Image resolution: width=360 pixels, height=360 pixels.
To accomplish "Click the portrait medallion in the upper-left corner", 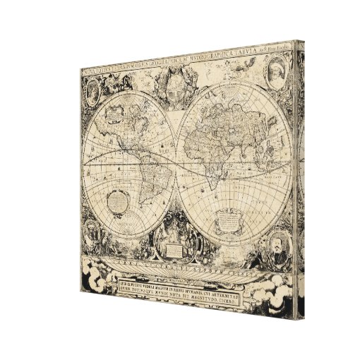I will pos(94,93).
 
